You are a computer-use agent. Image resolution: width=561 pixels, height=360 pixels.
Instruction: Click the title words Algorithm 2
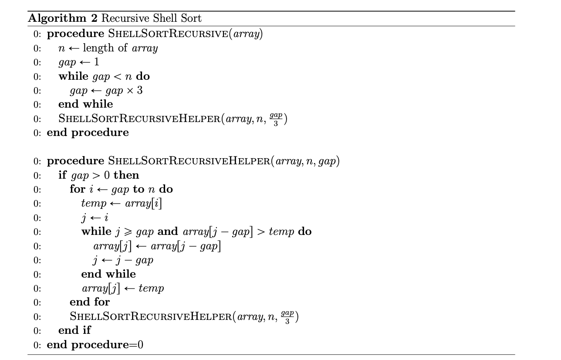(64, 18)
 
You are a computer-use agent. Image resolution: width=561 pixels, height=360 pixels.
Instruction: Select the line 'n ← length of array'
(108, 48)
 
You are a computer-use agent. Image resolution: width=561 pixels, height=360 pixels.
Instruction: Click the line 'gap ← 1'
(79, 62)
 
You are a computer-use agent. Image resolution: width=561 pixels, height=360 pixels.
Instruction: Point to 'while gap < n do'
(104, 76)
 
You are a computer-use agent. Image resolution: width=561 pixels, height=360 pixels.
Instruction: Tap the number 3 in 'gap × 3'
(140, 91)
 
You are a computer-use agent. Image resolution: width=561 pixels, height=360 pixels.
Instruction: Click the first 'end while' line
(85, 104)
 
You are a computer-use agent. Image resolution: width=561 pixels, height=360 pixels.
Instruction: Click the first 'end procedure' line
(88, 132)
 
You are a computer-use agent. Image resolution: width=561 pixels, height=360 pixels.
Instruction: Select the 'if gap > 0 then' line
(99, 175)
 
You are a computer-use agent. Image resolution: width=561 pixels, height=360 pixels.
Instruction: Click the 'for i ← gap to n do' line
(121, 189)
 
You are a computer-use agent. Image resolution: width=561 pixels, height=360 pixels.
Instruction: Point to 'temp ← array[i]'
(122, 204)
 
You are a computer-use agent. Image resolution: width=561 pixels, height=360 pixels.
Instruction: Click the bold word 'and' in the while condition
(168, 231)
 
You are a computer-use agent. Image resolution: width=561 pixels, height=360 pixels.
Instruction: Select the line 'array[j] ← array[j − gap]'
(157, 246)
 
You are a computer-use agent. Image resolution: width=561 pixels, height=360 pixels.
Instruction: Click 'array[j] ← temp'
(122, 288)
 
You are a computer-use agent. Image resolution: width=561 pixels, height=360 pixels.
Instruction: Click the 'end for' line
(90, 302)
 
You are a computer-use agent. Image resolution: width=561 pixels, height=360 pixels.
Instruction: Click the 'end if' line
(74, 330)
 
